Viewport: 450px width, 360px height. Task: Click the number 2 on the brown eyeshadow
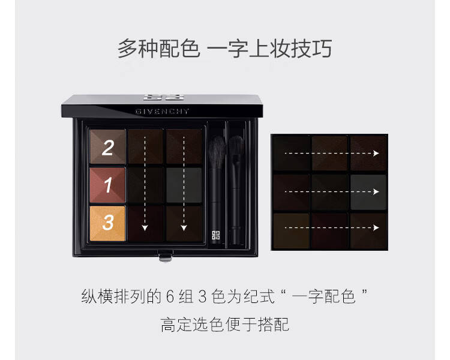click(108, 148)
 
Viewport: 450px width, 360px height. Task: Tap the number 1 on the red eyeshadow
click(108, 185)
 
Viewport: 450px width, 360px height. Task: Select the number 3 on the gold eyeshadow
click(108, 223)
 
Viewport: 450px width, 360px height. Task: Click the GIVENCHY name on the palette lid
click(162, 112)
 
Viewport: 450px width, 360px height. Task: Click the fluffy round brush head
click(217, 152)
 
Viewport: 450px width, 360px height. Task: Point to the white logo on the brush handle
click(215, 235)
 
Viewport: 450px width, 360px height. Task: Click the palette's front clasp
click(166, 256)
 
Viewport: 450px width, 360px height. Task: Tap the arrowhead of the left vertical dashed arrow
click(145, 228)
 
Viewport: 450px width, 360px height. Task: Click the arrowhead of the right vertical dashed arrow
click(184, 228)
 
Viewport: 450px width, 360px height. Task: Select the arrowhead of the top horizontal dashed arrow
click(376, 154)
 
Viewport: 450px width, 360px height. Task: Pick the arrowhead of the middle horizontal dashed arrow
click(376, 191)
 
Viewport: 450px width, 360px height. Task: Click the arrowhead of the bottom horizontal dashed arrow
click(376, 227)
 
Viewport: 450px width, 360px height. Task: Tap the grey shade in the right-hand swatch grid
click(368, 193)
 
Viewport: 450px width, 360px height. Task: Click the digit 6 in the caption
click(170, 297)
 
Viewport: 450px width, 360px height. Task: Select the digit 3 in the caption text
click(203, 297)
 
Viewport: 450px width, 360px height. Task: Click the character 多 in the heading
click(127, 48)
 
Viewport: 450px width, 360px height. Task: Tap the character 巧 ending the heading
click(322, 48)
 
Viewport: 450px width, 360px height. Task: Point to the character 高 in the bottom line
click(168, 325)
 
